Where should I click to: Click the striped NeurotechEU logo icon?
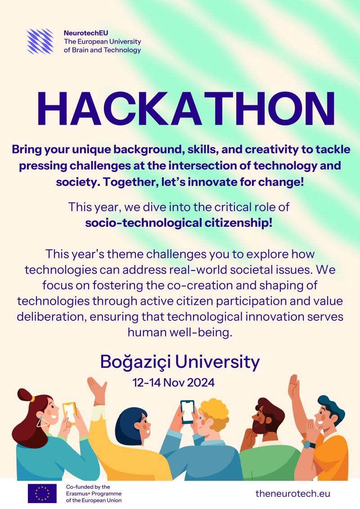40,41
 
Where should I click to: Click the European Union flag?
42,493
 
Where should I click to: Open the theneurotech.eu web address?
293,493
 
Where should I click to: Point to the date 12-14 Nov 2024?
173,383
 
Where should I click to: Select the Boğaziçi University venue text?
180,362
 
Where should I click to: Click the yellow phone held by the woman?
69,412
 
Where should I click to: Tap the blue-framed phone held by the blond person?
188,412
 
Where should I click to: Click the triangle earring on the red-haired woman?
42,421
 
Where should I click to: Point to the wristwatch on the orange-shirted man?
309,445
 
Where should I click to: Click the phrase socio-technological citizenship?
179,223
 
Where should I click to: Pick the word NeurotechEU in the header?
86,33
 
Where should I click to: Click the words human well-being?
180,333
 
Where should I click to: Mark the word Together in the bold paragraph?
130,182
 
